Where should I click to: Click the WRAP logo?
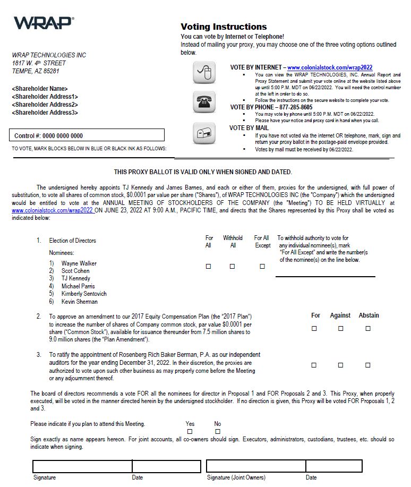tap(44, 23)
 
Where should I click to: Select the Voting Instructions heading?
tap(224, 27)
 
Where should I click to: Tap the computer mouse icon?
tap(204, 73)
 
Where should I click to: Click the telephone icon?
tap(204, 101)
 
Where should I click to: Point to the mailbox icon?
tap(204, 133)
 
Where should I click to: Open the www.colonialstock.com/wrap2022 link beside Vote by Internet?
tap(330, 68)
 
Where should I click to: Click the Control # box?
tap(89, 135)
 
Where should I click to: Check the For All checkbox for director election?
tap(208, 267)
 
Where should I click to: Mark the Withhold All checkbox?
tap(232, 267)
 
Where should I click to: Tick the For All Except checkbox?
tap(262, 267)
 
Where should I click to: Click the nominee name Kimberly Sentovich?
tap(84, 294)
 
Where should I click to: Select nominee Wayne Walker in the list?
tap(79, 263)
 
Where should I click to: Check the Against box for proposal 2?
tap(340, 329)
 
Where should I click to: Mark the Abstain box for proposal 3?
tap(367, 365)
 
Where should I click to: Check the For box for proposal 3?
tap(314, 365)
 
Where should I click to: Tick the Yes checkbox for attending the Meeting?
tap(190, 432)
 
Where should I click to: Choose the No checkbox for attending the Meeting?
tap(217, 432)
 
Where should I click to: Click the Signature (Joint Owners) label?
tap(236, 478)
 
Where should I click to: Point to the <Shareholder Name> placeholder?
tap(40, 89)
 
